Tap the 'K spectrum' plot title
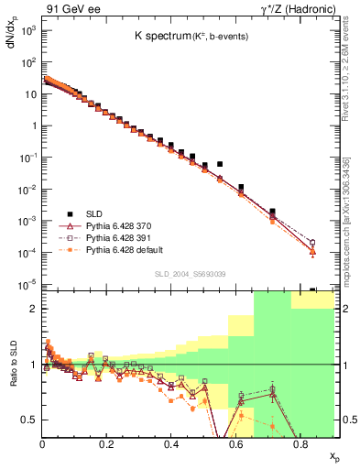point(162,36)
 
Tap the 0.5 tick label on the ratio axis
point(29,420)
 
